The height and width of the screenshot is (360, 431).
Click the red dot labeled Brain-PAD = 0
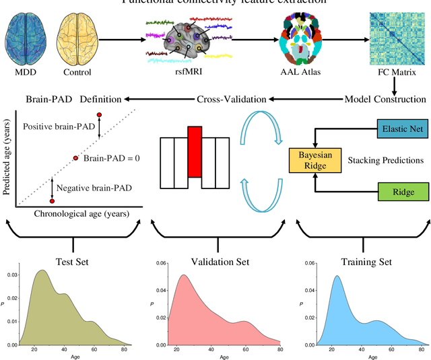tap(76, 158)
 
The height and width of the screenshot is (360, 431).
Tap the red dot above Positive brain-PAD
tap(100, 115)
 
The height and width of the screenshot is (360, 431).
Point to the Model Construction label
tap(385, 99)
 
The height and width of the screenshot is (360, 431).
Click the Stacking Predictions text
tap(385, 161)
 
